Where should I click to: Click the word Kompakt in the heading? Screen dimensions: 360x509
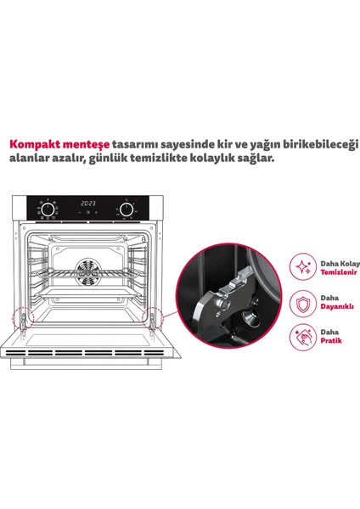click(35, 145)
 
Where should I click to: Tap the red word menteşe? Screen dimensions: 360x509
click(86, 145)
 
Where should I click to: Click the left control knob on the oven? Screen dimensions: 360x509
click(48, 210)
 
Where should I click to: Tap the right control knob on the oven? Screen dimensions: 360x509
click(126, 210)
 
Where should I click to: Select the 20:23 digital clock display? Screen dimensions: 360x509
click(88, 204)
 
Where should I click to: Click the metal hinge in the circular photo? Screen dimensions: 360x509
click(224, 302)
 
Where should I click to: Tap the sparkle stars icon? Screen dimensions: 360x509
click(303, 267)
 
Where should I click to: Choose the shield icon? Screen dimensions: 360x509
click(303, 304)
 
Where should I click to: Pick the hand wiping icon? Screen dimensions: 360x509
click(303, 338)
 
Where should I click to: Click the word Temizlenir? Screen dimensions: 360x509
click(339, 272)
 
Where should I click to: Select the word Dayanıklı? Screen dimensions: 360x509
click(337, 306)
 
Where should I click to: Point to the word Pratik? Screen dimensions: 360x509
click(331, 340)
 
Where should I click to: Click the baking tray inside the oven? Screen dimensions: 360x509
click(88, 294)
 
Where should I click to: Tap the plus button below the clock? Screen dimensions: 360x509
click(96, 212)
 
